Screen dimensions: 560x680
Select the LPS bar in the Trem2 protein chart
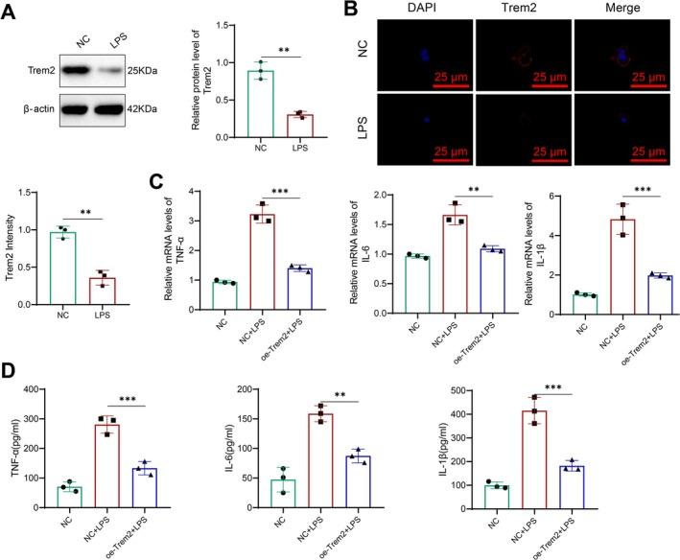pos(301,126)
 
